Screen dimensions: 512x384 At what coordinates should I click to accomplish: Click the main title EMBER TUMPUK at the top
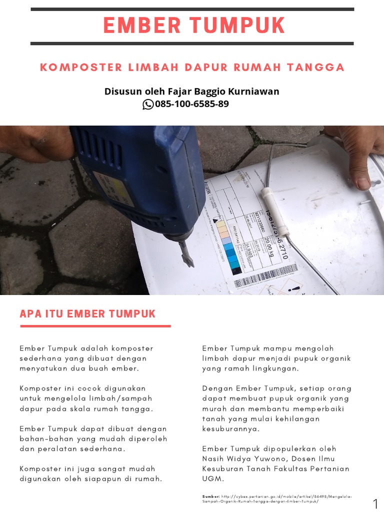193,25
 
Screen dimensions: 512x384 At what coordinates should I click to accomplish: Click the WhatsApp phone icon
148,104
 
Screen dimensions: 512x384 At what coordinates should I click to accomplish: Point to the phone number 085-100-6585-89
192,104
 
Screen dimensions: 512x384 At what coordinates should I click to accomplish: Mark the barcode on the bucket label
265,278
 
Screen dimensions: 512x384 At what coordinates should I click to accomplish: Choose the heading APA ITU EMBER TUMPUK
88,314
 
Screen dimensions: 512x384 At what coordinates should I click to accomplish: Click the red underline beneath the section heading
95,326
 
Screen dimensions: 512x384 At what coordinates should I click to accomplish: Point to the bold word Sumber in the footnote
210,496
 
